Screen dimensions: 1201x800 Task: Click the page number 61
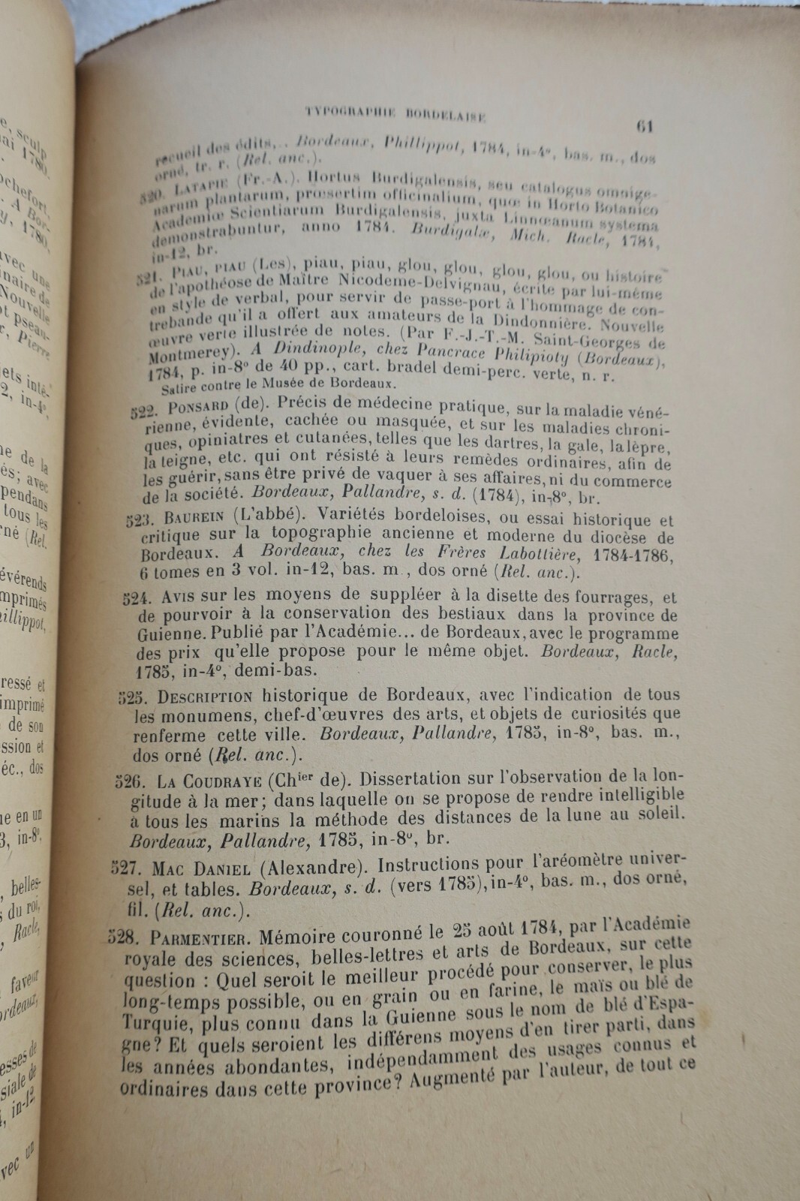(644, 126)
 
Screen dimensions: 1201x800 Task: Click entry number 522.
(142, 411)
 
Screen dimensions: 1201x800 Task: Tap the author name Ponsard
(197, 408)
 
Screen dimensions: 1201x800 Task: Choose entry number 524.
(137, 598)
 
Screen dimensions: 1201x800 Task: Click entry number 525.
(134, 697)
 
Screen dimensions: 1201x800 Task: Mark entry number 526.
(129, 781)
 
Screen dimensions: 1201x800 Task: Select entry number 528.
(122, 938)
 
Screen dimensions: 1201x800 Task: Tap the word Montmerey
(185, 355)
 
